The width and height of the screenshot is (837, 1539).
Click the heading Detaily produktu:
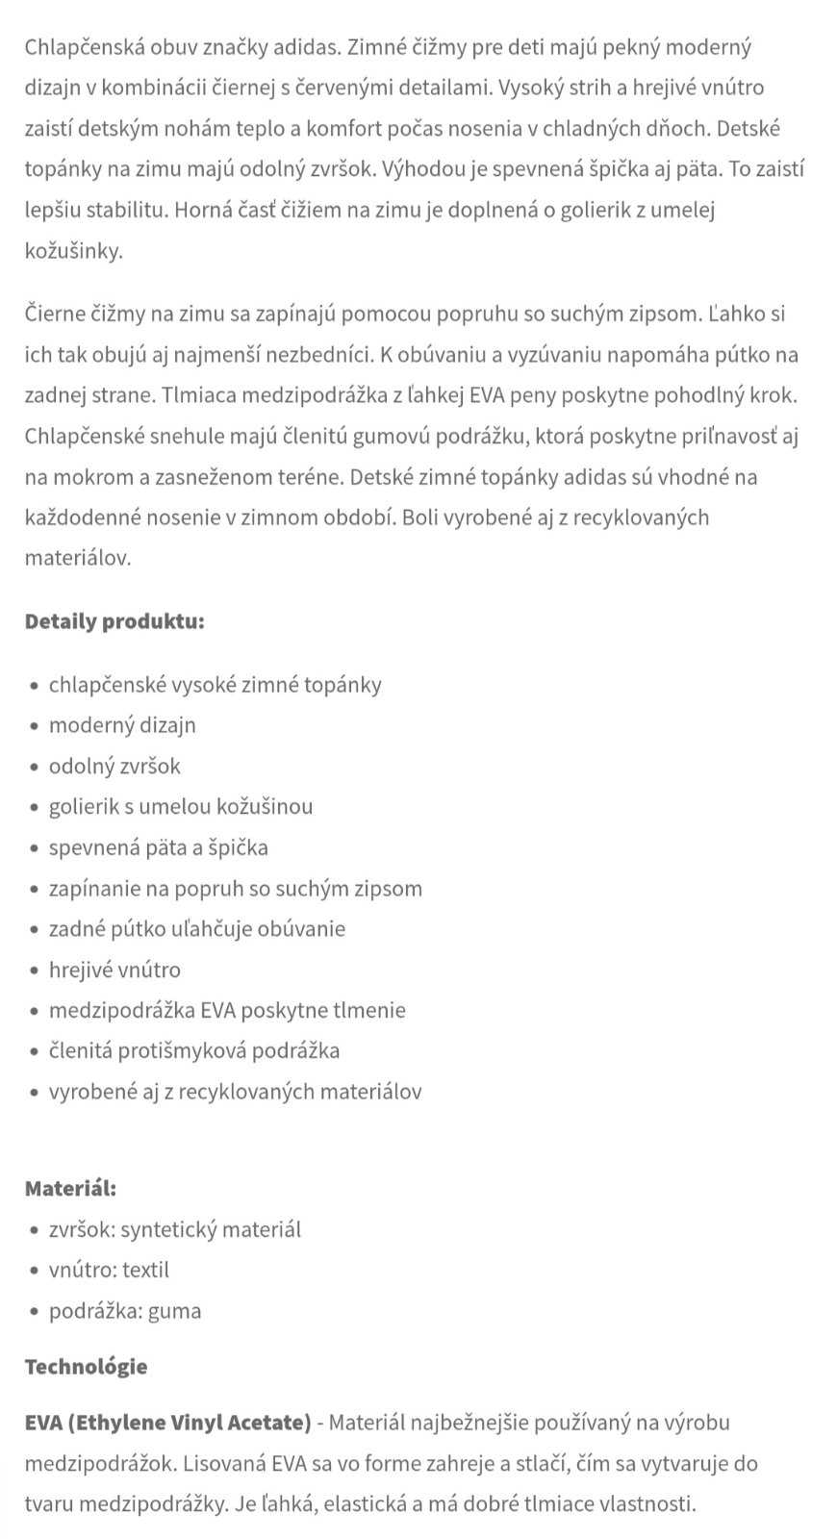click(114, 620)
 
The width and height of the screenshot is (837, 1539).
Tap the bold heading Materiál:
click(70, 1188)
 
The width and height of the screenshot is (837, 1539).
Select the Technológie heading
click(86, 1366)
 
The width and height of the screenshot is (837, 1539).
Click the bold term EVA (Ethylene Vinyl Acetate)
click(168, 1422)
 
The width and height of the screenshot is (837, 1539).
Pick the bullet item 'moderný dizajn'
click(122, 724)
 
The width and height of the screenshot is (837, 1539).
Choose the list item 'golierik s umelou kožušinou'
click(181, 806)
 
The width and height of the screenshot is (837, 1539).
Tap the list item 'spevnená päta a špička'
click(159, 847)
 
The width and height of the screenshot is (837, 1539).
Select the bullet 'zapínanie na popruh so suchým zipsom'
click(236, 888)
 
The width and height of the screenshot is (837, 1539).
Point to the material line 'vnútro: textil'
click(109, 1270)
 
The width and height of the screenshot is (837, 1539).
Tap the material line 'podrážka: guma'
click(125, 1310)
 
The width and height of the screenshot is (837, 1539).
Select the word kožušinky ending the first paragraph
click(73, 251)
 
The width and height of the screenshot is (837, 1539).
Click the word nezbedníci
click(313, 354)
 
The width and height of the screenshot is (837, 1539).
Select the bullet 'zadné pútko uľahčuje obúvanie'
click(197, 928)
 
